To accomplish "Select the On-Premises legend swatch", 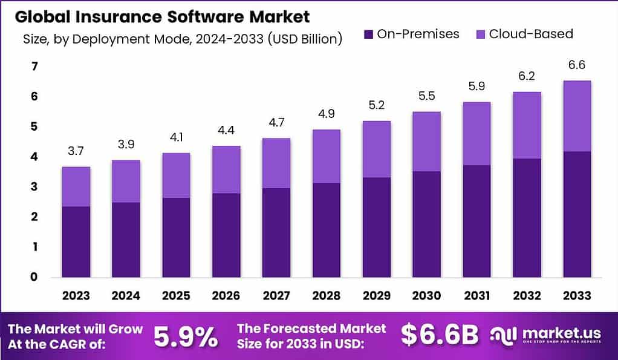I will click(368, 34).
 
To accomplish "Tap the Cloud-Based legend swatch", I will click(480, 34).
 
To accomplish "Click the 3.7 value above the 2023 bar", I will click(76, 151).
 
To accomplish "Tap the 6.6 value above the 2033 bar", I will click(576, 65).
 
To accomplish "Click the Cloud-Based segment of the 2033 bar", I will click(576, 116).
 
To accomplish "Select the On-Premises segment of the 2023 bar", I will click(76, 242).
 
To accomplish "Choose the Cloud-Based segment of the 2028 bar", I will click(327, 156).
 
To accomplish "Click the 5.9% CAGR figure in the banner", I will click(186, 336).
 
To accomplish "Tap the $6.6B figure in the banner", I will click(440, 335).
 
